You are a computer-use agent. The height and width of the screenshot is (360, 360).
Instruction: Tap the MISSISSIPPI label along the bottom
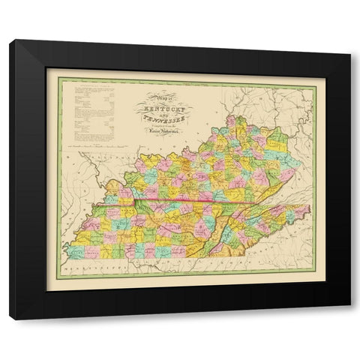click(88, 266)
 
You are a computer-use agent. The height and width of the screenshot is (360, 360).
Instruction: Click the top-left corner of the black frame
click(10, 41)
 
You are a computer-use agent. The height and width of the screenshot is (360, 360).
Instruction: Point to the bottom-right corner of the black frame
click(349, 319)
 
